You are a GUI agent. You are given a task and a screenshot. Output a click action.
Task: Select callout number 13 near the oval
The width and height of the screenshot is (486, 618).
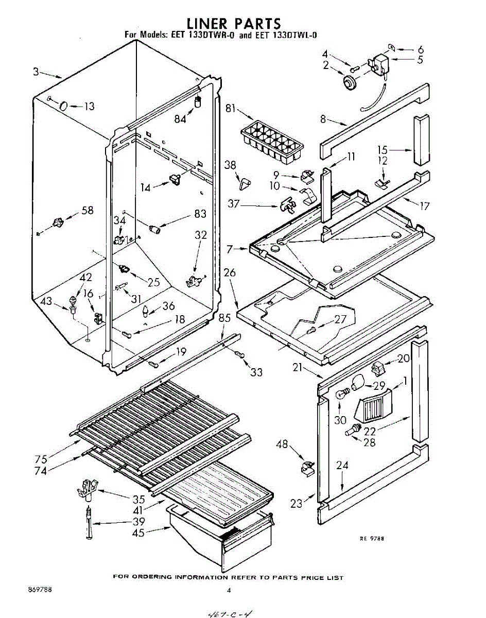89,107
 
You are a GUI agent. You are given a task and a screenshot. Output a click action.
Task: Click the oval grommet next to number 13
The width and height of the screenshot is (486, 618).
63,106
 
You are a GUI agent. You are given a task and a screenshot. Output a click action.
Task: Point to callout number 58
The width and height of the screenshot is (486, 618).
88,210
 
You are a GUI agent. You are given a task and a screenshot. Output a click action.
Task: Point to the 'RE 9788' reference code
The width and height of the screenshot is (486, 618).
372,539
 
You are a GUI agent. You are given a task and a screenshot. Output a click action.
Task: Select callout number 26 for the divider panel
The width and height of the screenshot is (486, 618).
230,272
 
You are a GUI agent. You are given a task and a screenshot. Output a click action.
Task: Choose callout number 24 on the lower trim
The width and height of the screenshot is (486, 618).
342,466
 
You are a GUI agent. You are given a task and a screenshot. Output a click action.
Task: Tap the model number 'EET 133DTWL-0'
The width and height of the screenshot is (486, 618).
282,36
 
